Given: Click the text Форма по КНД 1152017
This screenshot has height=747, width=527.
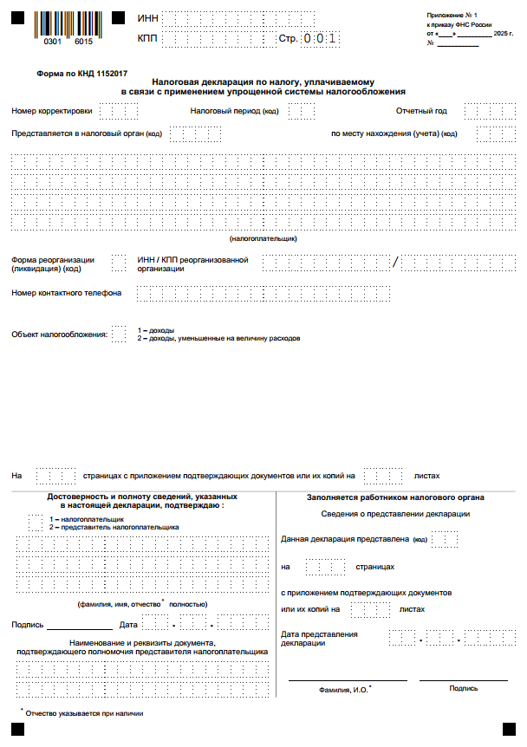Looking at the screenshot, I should tap(74, 75).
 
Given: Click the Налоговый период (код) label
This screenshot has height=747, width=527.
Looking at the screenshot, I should tap(234, 111).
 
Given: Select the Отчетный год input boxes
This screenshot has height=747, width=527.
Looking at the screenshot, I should tap(489, 111).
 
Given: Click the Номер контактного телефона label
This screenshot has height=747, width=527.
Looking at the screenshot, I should tap(67, 293).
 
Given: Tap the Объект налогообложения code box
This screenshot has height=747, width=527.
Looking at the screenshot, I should tap(119, 335).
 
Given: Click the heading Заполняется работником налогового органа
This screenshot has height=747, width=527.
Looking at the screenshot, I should tap(395, 497).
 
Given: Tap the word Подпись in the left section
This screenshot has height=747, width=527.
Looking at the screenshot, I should tap(27, 625).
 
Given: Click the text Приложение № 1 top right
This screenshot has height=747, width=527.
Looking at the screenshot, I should tap(452, 16).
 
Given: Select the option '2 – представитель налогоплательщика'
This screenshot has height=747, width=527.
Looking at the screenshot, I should tap(114, 527).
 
